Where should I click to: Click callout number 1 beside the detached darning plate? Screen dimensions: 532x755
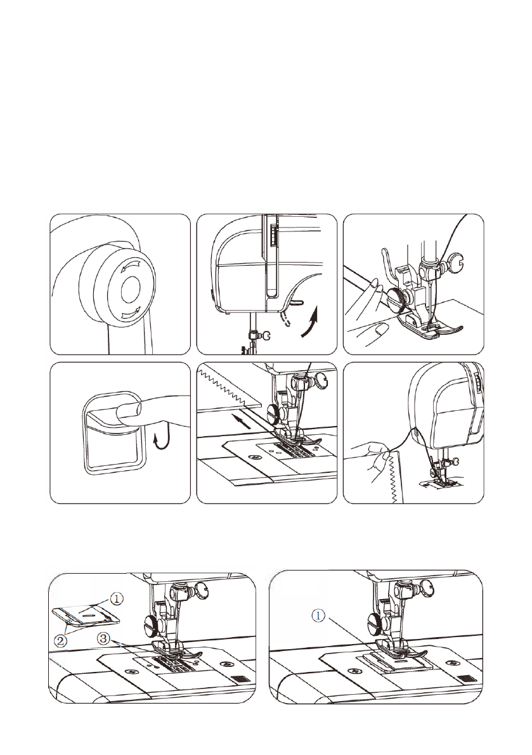tap(117, 599)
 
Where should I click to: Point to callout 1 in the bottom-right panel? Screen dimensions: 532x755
tap(319, 616)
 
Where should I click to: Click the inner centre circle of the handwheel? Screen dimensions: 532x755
tap(129, 290)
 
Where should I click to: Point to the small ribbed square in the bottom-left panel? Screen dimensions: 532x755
tap(238, 679)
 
